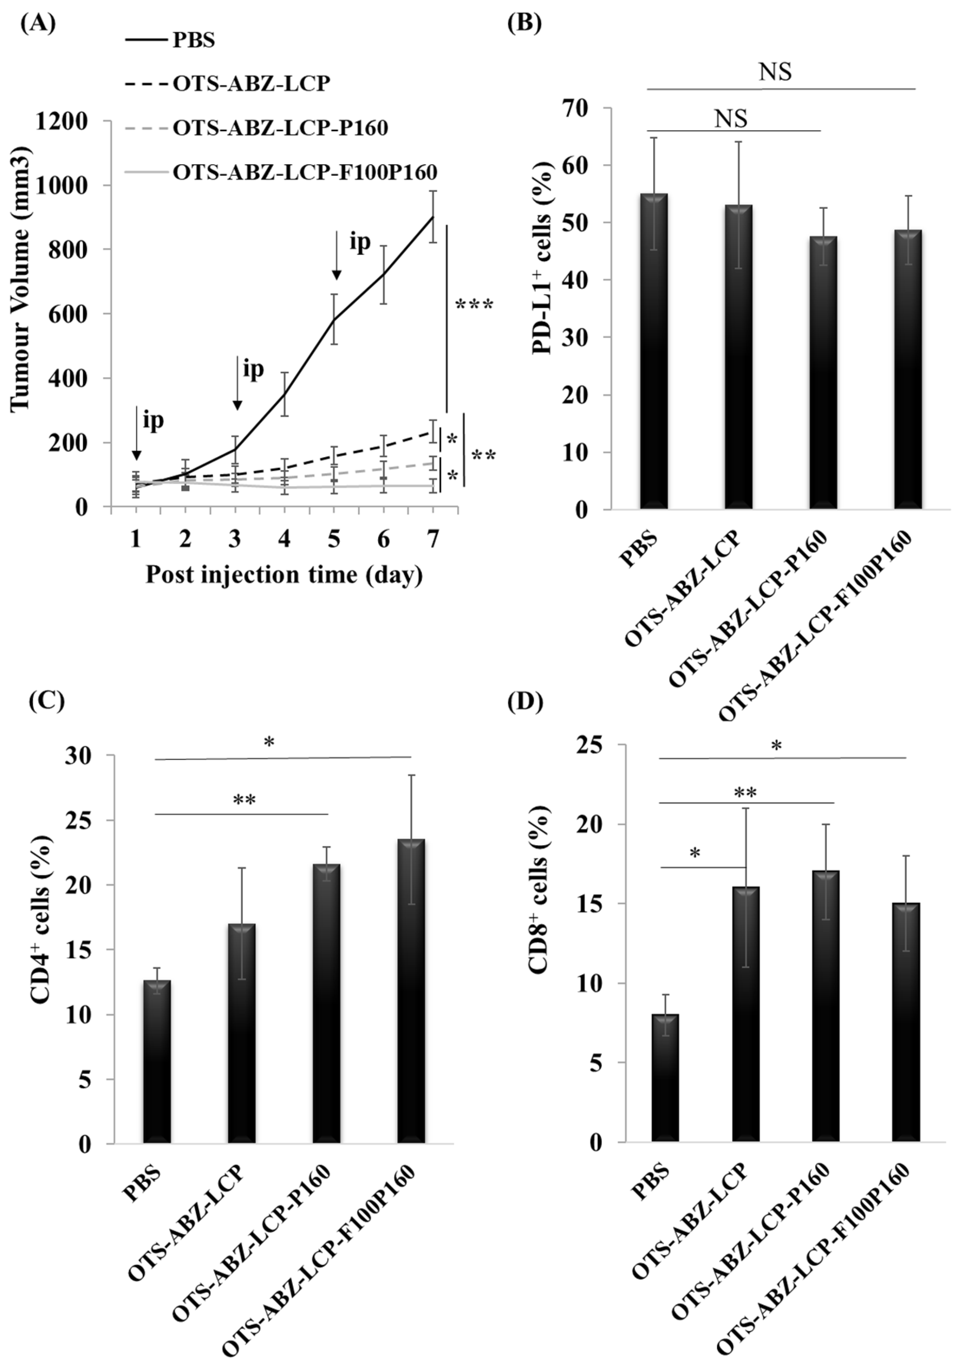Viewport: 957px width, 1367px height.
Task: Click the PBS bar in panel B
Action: (653, 351)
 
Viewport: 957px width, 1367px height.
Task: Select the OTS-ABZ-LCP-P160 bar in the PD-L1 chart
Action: (823, 372)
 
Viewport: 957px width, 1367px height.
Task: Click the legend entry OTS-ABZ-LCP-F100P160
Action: (304, 172)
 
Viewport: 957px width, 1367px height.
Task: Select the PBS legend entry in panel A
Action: (194, 40)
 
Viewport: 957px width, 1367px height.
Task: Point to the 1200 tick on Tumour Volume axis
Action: (61, 121)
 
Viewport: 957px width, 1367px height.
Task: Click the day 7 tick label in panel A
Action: (433, 539)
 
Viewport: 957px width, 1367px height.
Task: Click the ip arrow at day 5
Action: (336, 255)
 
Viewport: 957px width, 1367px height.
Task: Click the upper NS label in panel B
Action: (775, 72)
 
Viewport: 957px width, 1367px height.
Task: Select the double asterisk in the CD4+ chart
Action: (244, 800)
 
